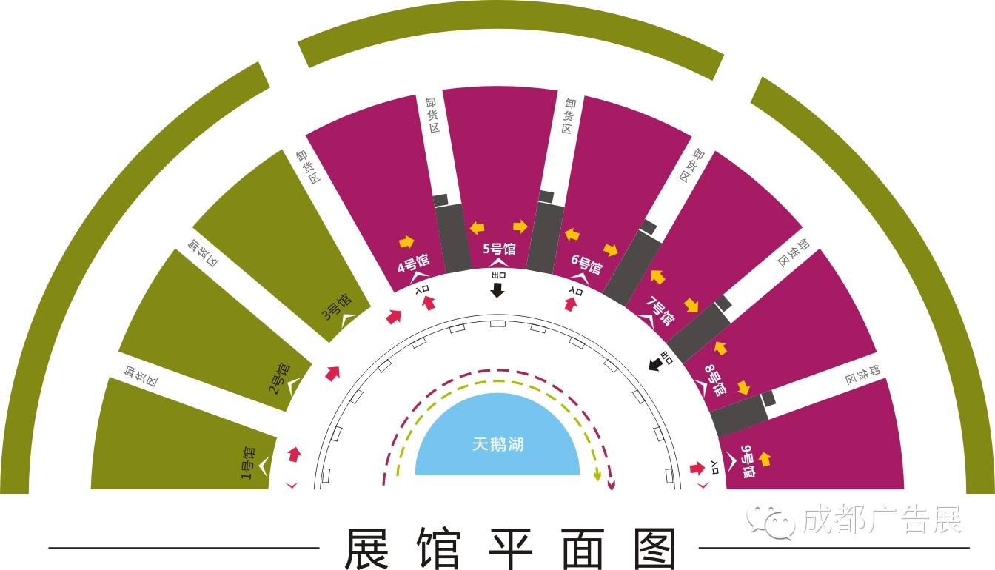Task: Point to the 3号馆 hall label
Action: tap(336, 310)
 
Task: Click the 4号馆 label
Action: tap(414, 264)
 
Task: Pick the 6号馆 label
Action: tap(586, 264)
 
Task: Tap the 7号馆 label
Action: tap(660, 311)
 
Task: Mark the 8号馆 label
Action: tap(714, 379)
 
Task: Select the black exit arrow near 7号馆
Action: tap(655, 363)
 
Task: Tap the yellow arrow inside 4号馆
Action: tap(406, 241)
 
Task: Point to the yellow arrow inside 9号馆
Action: tap(765, 459)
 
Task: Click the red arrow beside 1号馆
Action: tap(295, 454)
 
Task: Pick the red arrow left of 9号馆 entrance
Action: tap(696, 468)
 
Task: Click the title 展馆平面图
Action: tap(510, 549)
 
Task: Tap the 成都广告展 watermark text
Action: tap(881, 520)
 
